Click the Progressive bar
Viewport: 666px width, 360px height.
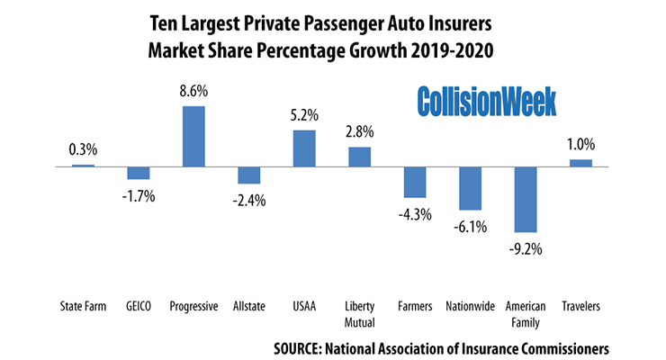pyautogui.click(x=193, y=136)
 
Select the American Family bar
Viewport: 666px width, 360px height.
pyautogui.click(x=525, y=200)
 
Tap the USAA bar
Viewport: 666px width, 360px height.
pyautogui.click(x=304, y=148)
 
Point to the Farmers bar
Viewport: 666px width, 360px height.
pyautogui.click(x=415, y=182)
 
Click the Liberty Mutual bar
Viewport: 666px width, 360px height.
pyautogui.click(x=359, y=157)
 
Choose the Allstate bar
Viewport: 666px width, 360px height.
pyautogui.click(x=249, y=175)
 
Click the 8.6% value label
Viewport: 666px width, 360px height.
pyautogui.click(x=193, y=92)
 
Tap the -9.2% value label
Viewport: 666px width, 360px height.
pyautogui.click(x=524, y=247)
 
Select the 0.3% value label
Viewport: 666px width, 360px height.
pyautogui.click(x=83, y=150)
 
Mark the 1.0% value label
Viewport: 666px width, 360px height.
pyautogui.click(x=580, y=144)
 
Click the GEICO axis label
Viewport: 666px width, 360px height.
pyautogui.click(x=139, y=306)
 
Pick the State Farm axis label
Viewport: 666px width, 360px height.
pyautogui.click(x=83, y=306)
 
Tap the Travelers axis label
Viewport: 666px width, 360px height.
pyautogui.click(x=580, y=306)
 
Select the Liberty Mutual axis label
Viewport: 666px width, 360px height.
pyautogui.click(x=359, y=312)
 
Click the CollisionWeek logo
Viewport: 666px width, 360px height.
pyautogui.click(x=486, y=101)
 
